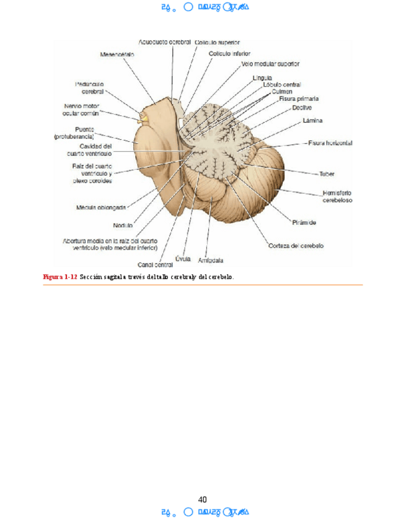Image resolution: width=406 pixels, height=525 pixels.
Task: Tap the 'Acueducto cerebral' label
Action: [164, 42]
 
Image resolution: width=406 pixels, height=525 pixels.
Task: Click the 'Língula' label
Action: [262, 78]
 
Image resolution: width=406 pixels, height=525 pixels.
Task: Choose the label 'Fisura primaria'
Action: [299, 98]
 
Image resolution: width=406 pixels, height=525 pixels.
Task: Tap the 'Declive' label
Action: [302, 108]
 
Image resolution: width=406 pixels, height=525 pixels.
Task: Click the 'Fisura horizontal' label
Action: [330, 143]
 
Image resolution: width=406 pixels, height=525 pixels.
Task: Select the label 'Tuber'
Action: [327, 174]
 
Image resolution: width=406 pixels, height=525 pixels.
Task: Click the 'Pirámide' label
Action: [304, 222]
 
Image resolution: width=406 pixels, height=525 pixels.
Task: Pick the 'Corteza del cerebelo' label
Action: [296, 246]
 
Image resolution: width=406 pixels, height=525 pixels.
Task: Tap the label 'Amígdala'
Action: [210, 261]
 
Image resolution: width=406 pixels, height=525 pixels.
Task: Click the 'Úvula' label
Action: [182, 258]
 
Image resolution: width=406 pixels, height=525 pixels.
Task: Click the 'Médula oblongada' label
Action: [102, 207]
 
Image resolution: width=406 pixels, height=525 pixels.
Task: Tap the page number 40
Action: [203, 500]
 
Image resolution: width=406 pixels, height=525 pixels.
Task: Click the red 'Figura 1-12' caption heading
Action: [60, 277]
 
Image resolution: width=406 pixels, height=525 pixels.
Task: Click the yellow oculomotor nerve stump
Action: [143, 115]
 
